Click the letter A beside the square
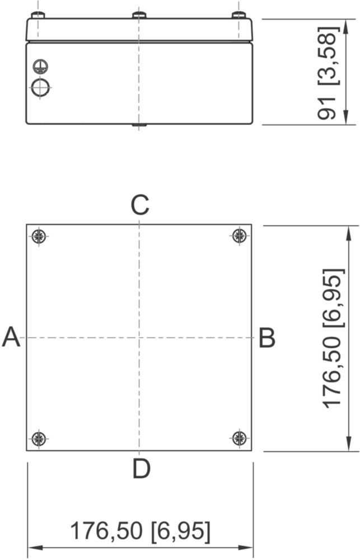(x=11, y=338)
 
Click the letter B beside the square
(x=267, y=338)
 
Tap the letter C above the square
(x=139, y=206)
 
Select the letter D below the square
(x=141, y=469)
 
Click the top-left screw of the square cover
(x=39, y=236)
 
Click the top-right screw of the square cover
(x=240, y=236)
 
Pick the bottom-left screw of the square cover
(x=39, y=438)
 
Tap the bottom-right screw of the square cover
(x=240, y=438)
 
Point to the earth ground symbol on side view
(x=40, y=66)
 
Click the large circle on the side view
(x=40, y=87)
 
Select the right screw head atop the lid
(x=240, y=15)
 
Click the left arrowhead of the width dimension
(x=32, y=547)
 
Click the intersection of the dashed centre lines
(x=139, y=338)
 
